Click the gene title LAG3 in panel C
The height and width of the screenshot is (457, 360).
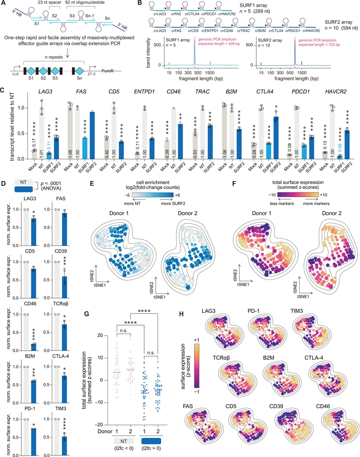(x=45, y=91)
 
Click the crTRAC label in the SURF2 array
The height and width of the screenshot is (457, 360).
(x=243, y=30)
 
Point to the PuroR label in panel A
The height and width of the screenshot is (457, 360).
(x=107, y=71)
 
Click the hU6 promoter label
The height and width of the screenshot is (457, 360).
(x=15, y=74)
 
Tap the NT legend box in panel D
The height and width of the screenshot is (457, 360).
(x=24, y=182)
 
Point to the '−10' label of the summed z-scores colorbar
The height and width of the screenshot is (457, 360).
(x=272, y=195)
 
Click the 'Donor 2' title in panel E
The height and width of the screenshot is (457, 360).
(x=188, y=213)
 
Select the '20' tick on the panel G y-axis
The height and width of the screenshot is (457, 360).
(x=100, y=336)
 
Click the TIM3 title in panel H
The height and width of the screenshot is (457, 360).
(x=296, y=311)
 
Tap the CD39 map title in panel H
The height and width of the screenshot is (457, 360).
(x=276, y=406)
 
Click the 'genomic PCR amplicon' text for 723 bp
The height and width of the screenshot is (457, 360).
(x=317, y=40)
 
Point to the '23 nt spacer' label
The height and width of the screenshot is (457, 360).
(x=50, y=2)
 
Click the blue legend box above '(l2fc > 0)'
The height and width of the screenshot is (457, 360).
(x=151, y=441)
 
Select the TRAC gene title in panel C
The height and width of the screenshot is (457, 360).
(x=202, y=91)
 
